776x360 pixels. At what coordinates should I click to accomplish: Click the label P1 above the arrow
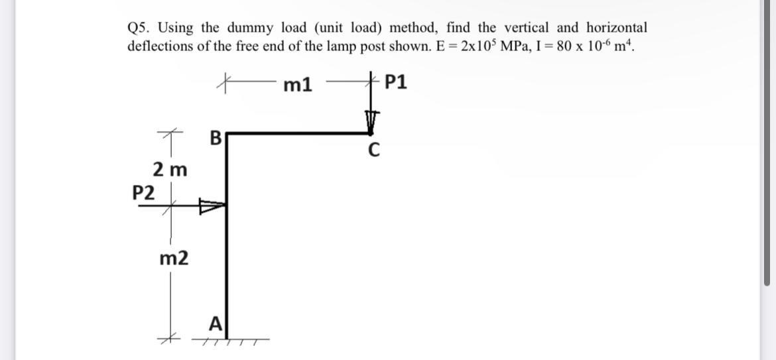397,83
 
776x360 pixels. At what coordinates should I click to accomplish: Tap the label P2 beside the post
144,193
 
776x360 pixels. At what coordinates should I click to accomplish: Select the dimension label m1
298,84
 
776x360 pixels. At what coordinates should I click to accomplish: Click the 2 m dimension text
170,170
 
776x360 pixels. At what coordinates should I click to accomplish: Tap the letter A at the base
215,324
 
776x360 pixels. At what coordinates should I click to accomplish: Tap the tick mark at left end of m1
227,83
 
